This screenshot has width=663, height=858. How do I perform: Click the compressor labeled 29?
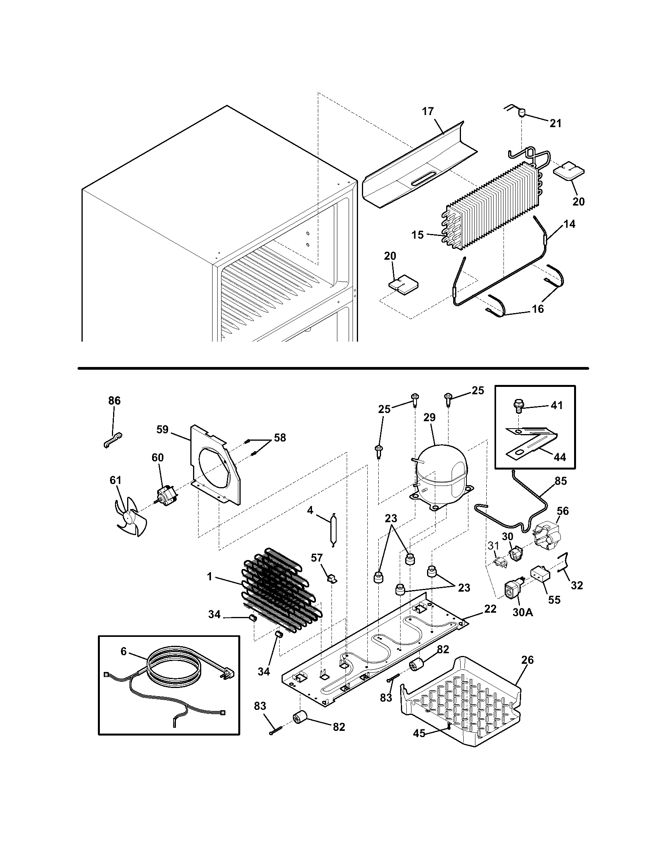point(442,476)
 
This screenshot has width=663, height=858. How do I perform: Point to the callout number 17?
point(428,112)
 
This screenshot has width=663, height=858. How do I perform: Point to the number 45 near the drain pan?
point(419,732)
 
